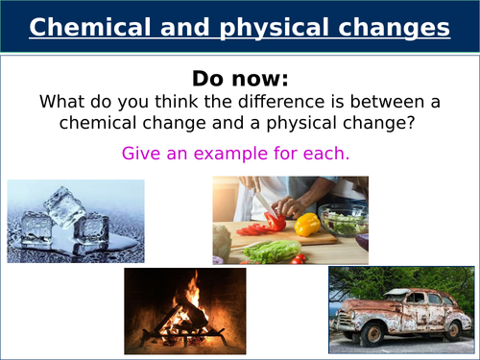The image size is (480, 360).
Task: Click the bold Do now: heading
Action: [239, 79]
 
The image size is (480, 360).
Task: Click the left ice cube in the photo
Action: [36, 228]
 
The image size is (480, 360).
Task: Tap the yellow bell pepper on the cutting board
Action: [306, 225]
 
